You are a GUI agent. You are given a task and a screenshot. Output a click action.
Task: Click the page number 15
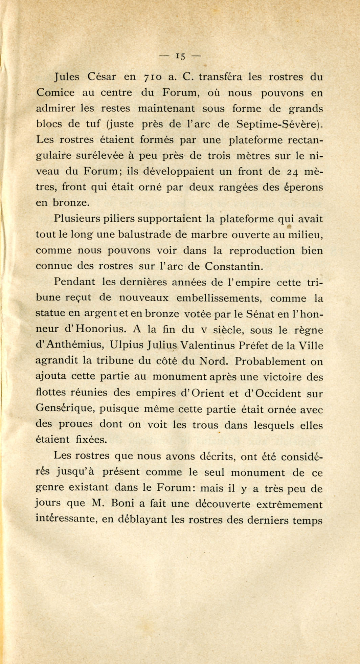point(180,56)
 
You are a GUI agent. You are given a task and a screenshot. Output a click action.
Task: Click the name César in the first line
point(102,77)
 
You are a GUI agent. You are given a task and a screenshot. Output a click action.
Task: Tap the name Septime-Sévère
point(277,124)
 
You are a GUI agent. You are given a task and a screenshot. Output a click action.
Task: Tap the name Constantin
point(233,266)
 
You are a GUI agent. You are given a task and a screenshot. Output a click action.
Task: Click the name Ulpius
point(126,345)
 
